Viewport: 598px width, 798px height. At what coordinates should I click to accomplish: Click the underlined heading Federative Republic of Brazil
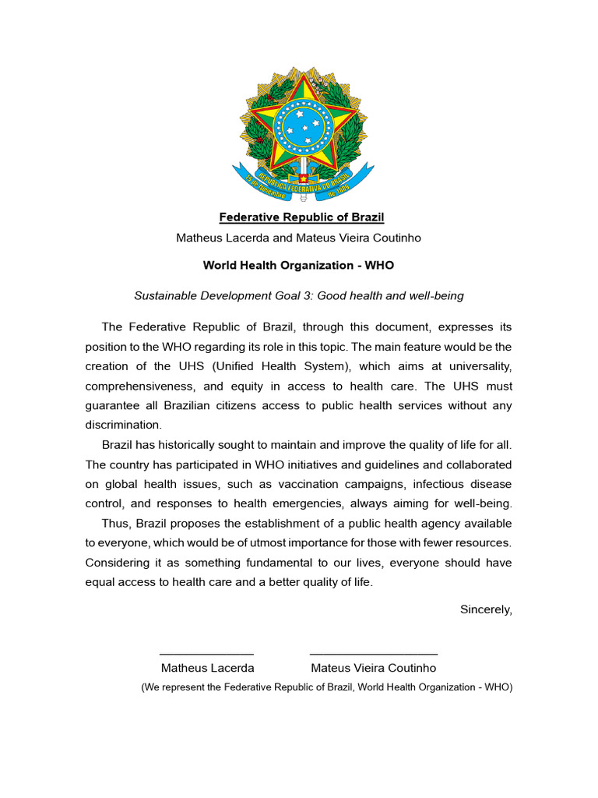click(301, 217)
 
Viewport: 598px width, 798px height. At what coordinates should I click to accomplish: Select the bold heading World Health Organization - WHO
click(298, 265)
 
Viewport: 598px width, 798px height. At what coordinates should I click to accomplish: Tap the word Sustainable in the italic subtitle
click(165, 295)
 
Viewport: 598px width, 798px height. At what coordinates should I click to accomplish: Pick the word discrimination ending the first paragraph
click(122, 425)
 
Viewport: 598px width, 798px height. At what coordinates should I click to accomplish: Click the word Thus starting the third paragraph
click(114, 523)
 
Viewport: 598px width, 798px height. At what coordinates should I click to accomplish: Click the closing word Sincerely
click(486, 609)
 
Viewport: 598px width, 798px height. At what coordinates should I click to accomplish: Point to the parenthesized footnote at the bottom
click(326, 687)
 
